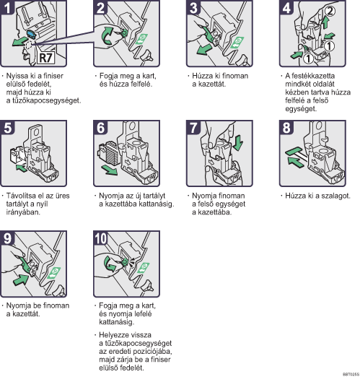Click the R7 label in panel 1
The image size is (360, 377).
[46, 58]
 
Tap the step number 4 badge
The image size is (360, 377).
[286, 7]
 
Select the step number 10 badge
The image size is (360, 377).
[100, 238]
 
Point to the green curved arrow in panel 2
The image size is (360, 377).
[107, 35]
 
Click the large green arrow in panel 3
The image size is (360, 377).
[204, 49]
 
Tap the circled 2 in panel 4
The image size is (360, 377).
[330, 11]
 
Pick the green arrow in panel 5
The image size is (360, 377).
[22, 168]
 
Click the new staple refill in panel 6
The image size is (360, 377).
[107, 152]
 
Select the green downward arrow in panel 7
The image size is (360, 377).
[238, 143]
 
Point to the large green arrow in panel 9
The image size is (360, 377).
[21, 279]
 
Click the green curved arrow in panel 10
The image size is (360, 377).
[110, 264]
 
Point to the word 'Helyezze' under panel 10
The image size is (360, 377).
[113, 335]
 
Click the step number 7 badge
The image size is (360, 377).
[193, 128]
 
